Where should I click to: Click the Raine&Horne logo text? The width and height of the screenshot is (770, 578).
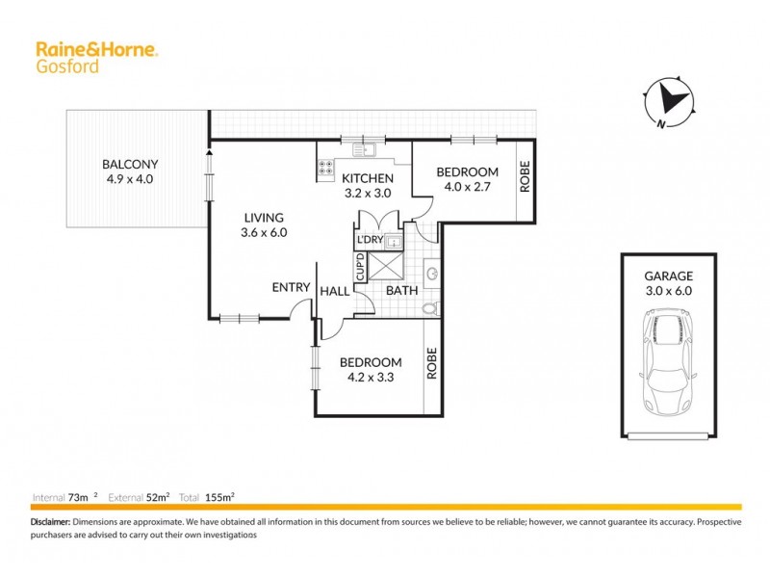(96, 49)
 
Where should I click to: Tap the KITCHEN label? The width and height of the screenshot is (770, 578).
(367, 178)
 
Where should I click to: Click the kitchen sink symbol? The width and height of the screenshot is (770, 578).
(365, 150)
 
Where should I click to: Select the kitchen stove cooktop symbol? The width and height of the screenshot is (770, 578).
(325, 169)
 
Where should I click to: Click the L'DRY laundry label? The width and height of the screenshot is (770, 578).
(371, 240)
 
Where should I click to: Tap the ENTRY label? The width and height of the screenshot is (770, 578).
(291, 287)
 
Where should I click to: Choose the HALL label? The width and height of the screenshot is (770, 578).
(335, 291)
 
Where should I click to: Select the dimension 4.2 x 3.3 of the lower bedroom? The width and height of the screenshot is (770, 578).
(371, 378)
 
